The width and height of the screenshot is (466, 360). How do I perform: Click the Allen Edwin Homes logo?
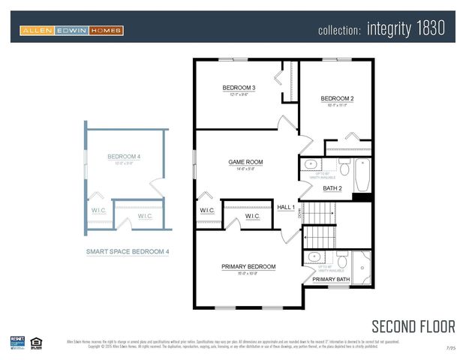[72, 30]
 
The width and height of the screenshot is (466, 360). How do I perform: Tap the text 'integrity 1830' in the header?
[406, 29]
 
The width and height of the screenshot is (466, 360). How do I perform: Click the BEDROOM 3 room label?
[239, 88]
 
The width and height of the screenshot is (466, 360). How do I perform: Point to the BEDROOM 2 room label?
[337, 98]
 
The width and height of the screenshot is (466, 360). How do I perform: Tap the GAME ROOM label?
[245, 162]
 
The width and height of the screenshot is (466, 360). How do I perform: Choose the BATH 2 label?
[332, 188]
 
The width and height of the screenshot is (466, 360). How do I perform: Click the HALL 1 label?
[286, 207]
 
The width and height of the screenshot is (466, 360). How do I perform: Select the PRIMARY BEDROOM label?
[248, 266]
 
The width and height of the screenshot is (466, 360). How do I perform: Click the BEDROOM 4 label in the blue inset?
[124, 157]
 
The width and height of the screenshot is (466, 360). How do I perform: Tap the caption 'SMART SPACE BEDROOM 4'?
[127, 252]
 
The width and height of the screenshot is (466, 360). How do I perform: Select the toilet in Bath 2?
[344, 166]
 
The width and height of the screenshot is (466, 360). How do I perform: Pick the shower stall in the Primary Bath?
[362, 264]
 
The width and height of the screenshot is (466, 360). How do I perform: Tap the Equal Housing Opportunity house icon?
[35, 343]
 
